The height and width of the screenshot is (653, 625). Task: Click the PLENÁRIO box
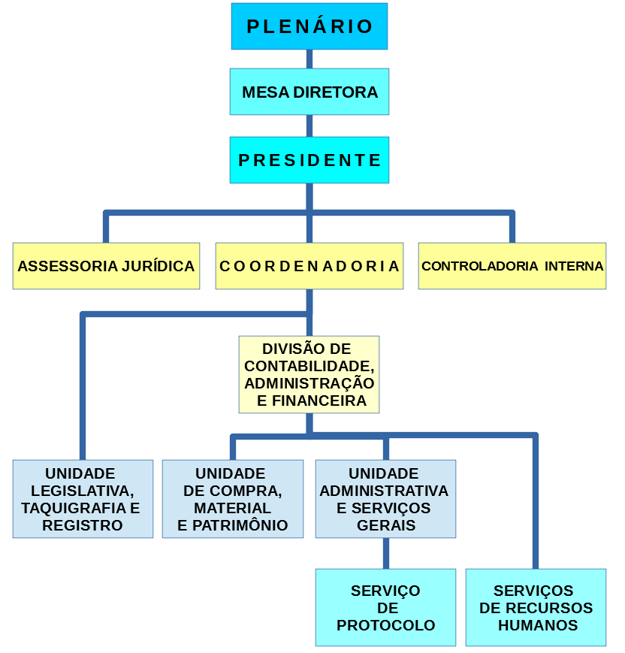click(309, 26)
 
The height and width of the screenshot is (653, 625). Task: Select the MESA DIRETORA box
click(309, 92)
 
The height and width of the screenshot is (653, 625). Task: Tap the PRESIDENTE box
click(309, 160)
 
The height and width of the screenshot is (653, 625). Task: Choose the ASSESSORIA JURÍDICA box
click(106, 266)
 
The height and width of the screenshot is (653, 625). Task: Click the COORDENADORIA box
click(309, 266)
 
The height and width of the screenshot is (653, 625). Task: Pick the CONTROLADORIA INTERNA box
click(512, 266)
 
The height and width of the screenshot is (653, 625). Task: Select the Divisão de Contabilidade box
click(309, 374)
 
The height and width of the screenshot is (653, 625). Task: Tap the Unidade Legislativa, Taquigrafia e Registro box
click(83, 499)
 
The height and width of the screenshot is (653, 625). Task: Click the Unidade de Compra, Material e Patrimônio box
click(233, 499)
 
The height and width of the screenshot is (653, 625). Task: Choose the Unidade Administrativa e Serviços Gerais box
click(385, 499)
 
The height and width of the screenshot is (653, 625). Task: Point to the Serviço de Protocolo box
click(385, 607)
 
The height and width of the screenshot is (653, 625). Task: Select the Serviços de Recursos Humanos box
click(536, 607)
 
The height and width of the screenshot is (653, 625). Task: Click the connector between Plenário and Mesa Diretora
click(309, 59)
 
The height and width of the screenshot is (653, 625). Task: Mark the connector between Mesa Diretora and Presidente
click(309, 125)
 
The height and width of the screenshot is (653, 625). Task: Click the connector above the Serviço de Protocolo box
click(386, 553)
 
